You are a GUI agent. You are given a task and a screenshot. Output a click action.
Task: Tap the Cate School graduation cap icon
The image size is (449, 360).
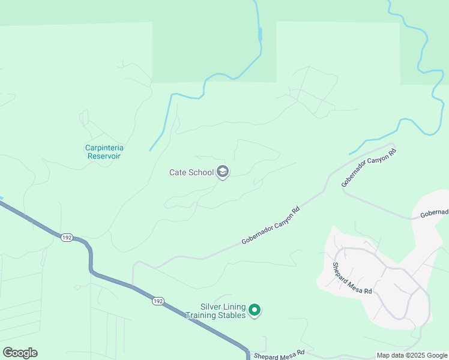(223, 172)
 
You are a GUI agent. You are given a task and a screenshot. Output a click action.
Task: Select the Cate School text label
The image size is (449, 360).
(191, 173)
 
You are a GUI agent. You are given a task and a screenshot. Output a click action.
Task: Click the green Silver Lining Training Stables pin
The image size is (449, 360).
(255, 310)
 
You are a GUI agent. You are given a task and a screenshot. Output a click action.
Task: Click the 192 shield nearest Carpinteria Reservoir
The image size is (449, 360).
(67, 238)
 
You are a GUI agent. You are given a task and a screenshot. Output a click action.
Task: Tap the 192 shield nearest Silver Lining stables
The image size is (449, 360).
(158, 301)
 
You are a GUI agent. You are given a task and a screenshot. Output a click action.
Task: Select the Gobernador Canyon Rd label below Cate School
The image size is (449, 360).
(270, 226)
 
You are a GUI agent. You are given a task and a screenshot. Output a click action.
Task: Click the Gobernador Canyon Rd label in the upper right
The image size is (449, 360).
(369, 167)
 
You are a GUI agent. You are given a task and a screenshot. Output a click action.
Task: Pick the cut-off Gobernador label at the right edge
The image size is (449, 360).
(434, 213)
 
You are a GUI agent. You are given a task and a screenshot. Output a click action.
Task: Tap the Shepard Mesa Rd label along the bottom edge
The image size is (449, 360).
(279, 355)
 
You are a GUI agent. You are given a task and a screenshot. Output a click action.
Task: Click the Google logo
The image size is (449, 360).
(20, 353)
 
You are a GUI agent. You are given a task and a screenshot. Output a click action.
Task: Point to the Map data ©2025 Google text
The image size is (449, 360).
(412, 355)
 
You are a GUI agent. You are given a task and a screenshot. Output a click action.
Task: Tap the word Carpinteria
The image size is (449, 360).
(108, 148)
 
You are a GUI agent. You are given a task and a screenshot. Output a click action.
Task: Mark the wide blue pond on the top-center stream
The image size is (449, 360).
(260, 34)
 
